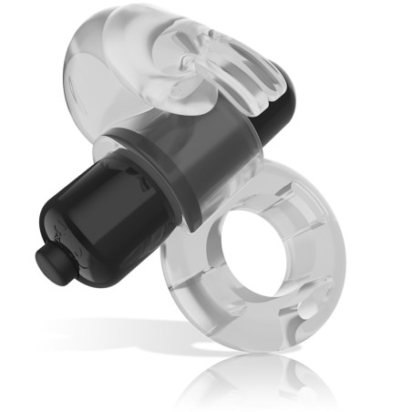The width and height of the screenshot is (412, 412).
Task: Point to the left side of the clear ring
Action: pos(179,273)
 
